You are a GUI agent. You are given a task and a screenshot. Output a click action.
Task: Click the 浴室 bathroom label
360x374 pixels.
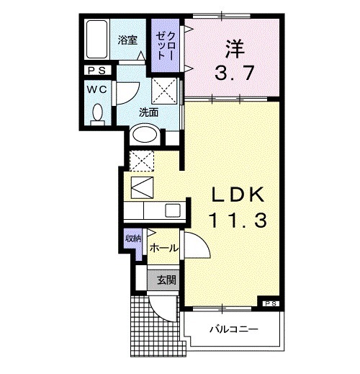point(127,40)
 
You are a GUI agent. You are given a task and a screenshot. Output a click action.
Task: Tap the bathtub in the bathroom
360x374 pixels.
point(96,39)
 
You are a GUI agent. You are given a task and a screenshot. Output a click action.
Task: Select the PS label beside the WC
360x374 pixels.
point(96,71)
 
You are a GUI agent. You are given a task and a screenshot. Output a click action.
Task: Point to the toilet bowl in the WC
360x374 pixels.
point(98,112)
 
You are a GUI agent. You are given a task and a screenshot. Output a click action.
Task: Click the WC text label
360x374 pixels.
point(96,89)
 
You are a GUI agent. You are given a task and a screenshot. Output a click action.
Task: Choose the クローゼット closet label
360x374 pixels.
point(165,45)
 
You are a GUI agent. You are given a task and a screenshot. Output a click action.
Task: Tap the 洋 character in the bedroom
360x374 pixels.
point(235,50)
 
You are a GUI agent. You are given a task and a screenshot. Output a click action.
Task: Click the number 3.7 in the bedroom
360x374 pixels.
point(234,73)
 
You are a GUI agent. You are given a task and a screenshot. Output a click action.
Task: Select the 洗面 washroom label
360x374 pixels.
point(149,112)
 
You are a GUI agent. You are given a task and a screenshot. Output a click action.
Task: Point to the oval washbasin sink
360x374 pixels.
point(145,134)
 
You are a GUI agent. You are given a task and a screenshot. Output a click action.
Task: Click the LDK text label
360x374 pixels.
point(238,195)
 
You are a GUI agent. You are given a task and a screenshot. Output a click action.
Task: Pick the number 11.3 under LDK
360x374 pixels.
point(238,221)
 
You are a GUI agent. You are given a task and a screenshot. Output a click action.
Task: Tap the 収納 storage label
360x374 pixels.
point(133,239)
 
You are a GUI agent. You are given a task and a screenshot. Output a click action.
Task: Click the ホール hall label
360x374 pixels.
point(163,248)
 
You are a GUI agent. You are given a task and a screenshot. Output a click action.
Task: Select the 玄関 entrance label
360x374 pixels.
point(166,280)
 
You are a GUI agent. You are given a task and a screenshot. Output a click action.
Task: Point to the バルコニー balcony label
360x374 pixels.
point(234,329)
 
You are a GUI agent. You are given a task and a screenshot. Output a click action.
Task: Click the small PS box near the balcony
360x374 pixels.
point(271,303)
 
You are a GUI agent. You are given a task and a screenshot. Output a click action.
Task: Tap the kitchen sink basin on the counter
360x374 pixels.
point(173,210)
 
